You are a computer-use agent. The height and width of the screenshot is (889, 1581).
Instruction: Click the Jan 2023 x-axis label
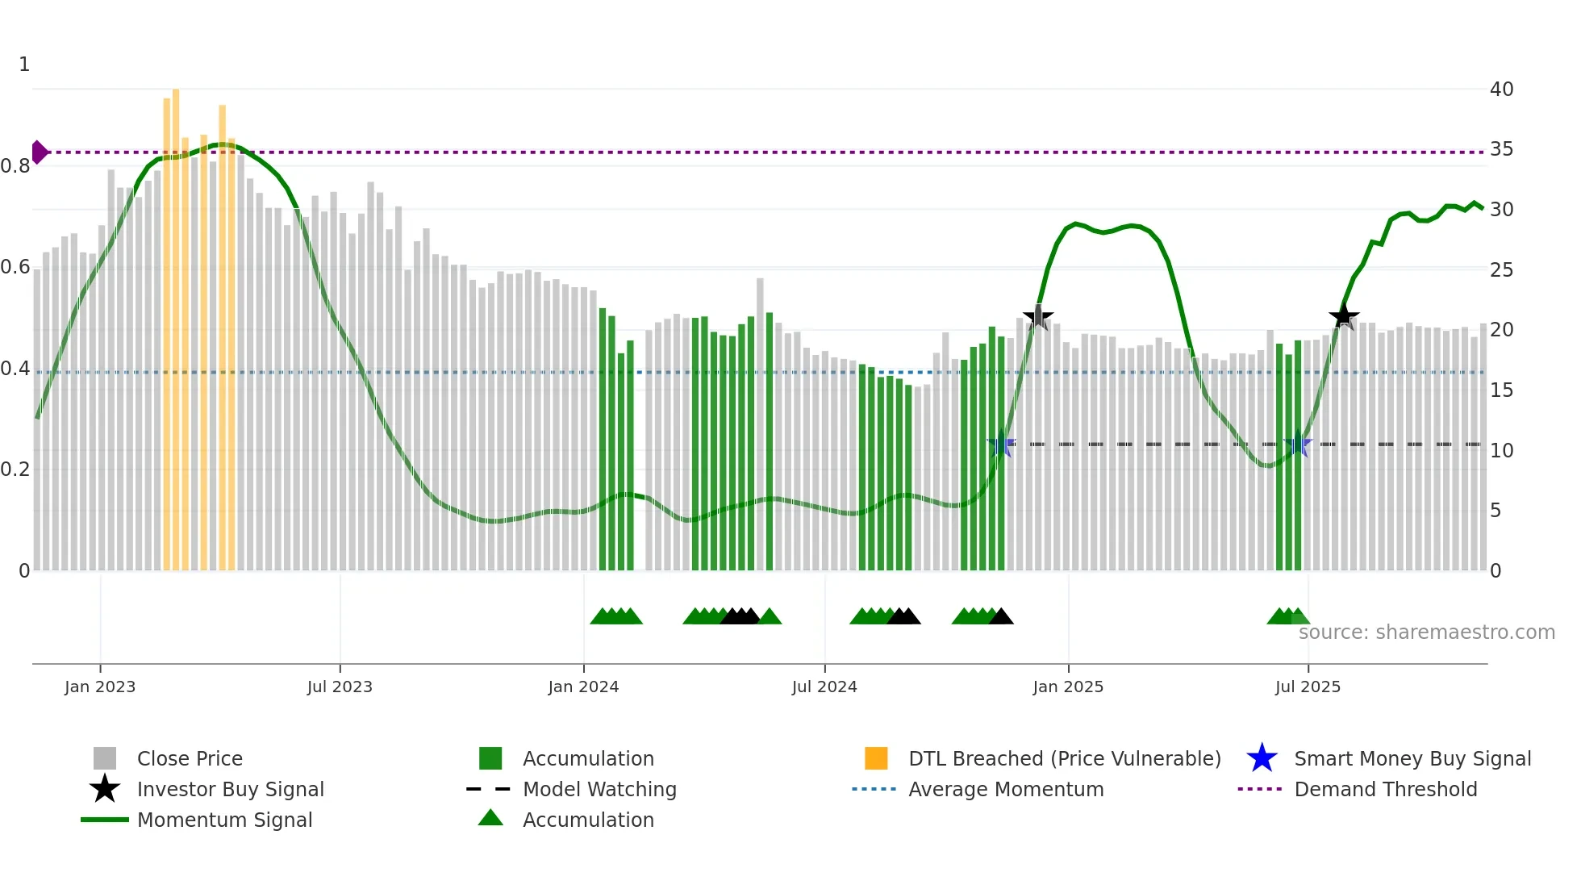click(x=100, y=687)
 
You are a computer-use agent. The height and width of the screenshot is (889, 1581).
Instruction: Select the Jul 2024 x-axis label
click(x=824, y=687)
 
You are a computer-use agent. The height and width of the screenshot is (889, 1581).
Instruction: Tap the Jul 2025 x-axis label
click(x=1308, y=687)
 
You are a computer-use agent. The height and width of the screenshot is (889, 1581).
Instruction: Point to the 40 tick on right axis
click(x=1501, y=90)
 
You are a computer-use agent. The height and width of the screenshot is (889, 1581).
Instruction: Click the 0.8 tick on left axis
click(x=15, y=166)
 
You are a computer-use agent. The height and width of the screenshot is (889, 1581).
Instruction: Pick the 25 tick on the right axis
click(x=1501, y=270)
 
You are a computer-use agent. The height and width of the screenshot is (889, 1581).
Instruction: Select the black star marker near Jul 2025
click(x=1344, y=316)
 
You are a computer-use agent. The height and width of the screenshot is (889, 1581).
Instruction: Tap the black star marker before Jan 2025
click(x=1038, y=317)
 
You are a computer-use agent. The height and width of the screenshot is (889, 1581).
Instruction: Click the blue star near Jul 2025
click(x=1298, y=444)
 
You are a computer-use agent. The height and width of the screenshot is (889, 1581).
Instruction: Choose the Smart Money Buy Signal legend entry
click(x=1412, y=759)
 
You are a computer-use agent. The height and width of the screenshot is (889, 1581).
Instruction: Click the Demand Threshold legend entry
click(x=1385, y=790)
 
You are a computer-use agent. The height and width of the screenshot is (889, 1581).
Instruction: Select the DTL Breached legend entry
click(x=1064, y=759)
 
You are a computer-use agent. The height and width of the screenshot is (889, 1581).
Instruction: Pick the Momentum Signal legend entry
click(x=224, y=820)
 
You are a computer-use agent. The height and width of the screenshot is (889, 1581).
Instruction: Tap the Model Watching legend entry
click(x=599, y=790)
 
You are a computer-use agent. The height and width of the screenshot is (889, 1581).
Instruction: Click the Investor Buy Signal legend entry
click(x=230, y=790)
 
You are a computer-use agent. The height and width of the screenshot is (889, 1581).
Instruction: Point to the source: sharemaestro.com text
click(x=1426, y=632)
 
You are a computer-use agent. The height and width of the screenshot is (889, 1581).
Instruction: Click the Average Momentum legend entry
click(x=1005, y=790)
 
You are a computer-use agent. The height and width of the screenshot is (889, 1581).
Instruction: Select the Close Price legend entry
click(x=189, y=759)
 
